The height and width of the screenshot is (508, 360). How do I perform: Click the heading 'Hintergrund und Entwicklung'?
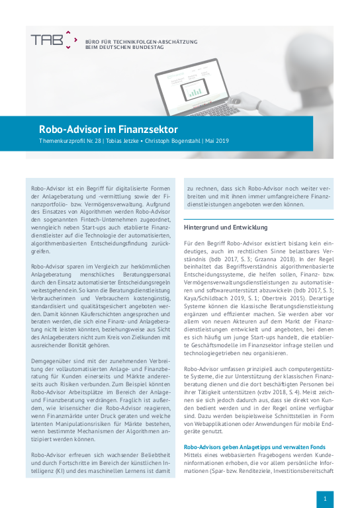[225, 227]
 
